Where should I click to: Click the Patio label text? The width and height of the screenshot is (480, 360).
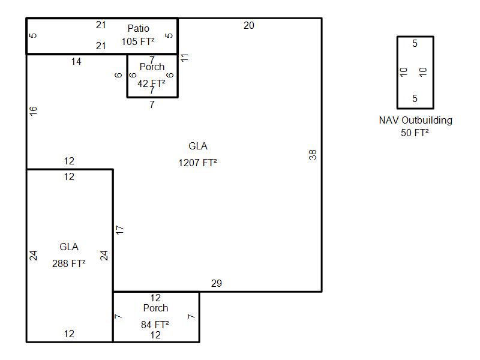[138, 28]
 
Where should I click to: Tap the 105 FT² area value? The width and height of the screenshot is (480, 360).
[138, 41]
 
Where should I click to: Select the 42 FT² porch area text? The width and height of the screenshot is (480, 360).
[151, 83]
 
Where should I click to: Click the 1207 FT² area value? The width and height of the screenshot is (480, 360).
[197, 163]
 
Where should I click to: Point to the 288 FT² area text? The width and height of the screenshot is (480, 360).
[69, 263]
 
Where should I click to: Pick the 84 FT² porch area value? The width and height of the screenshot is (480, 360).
[155, 325]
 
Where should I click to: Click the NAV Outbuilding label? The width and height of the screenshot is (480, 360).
[415, 120]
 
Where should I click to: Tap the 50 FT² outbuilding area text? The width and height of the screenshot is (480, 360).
[415, 133]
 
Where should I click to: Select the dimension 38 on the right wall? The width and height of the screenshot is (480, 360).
[313, 155]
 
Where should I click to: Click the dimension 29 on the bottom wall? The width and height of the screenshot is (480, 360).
[217, 283]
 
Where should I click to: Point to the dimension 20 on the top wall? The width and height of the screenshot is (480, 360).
[248, 25]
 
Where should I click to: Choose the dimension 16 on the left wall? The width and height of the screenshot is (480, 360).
[34, 110]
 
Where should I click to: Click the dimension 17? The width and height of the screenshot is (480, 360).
[119, 229]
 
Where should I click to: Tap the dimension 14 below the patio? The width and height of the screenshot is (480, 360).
[76, 61]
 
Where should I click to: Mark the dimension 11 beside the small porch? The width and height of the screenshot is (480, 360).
[185, 58]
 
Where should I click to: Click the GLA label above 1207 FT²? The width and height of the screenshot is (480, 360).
[198, 146]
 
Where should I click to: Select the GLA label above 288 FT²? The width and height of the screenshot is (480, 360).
[69, 247]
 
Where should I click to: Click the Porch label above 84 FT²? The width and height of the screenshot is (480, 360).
[155, 308]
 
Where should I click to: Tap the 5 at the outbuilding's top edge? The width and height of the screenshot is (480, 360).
[415, 44]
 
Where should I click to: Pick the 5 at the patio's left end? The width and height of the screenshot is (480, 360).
[34, 35]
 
